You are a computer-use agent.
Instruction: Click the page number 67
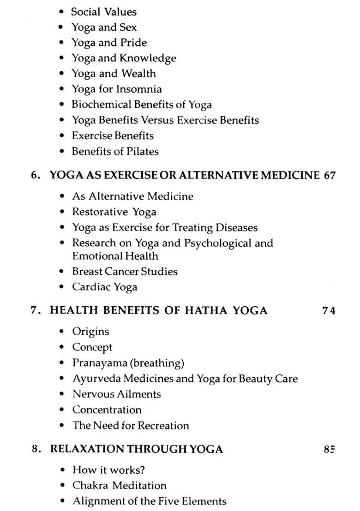329,175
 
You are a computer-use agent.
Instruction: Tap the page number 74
329,310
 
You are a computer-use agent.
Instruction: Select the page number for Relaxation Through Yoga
329,449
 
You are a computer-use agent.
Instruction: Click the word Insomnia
139,89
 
